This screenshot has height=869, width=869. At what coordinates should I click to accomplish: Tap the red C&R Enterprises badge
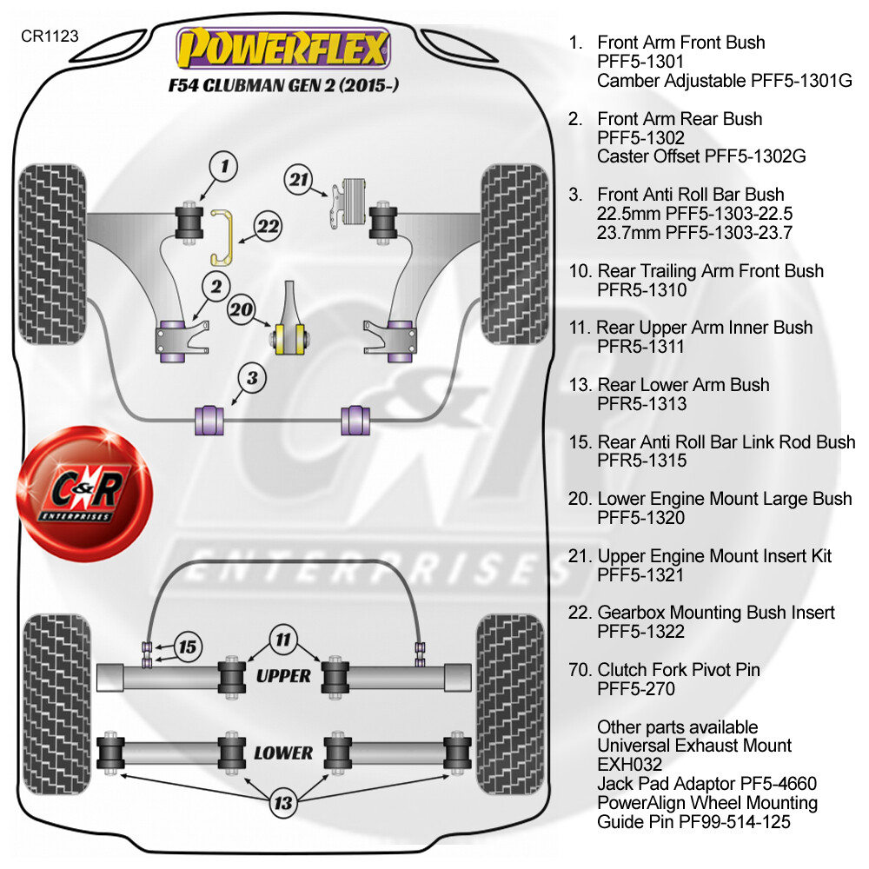coord(84,494)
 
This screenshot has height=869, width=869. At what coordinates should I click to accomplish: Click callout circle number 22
coord(269,228)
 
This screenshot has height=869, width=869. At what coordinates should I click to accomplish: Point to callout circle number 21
coord(300,181)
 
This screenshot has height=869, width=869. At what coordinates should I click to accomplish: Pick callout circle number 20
coord(243,308)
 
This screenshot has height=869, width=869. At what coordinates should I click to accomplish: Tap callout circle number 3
coord(252,378)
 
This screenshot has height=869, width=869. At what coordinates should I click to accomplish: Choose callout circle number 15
coord(187,647)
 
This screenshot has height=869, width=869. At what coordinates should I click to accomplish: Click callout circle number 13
coord(282,803)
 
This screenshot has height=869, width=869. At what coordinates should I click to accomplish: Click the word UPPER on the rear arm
coord(283,675)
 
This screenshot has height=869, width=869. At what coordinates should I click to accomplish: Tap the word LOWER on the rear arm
coord(283,752)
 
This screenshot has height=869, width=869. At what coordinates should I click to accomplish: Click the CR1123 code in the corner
coord(50,36)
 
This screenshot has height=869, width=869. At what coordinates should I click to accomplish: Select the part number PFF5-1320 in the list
coord(641,518)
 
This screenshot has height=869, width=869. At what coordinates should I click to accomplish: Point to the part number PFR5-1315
coord(641,461)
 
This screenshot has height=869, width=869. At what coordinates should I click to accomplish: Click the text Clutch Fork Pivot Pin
coord(678,670)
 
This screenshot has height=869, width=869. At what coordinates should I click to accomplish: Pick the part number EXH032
coord(629,765)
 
